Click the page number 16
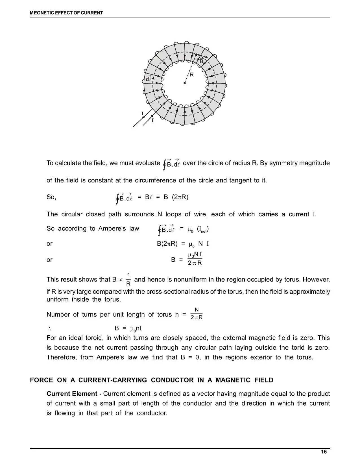coord(324,452)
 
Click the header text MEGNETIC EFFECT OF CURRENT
coord(67,13)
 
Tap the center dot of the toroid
coord(184,83)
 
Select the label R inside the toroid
coord(192,75)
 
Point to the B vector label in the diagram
coord(202,60)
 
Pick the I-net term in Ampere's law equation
coord(203,229)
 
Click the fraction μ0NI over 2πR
coord(195,259)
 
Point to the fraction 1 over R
coord(128,279)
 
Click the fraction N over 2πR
coord(197,313)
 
